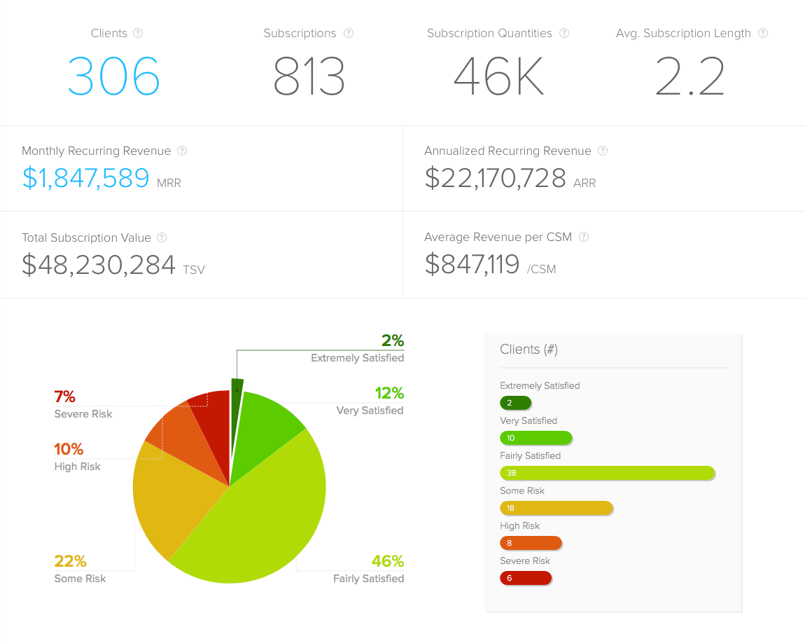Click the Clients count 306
[x=114, y=76]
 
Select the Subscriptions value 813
[x=309, y=76]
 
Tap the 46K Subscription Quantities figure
[x=498, y=76]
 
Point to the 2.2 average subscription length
[x=690, y=76]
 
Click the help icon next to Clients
[x=138, y=33]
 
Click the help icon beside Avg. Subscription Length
[x=763, y=33]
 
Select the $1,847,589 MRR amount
[x=85, y=179]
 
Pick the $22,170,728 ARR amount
[x=495, y=179]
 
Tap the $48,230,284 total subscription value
[x=99, y=265]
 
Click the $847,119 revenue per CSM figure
[x=472, y=265]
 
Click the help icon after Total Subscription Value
[x=162, y=237]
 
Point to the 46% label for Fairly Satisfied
[x=387, y=561]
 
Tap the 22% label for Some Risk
[x=71, y=561]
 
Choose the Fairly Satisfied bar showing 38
[x=607, y=473]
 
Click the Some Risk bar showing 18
[x=556, y=508]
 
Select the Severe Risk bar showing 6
[x=526, y=578]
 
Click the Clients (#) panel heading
[x=528, y=349]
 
